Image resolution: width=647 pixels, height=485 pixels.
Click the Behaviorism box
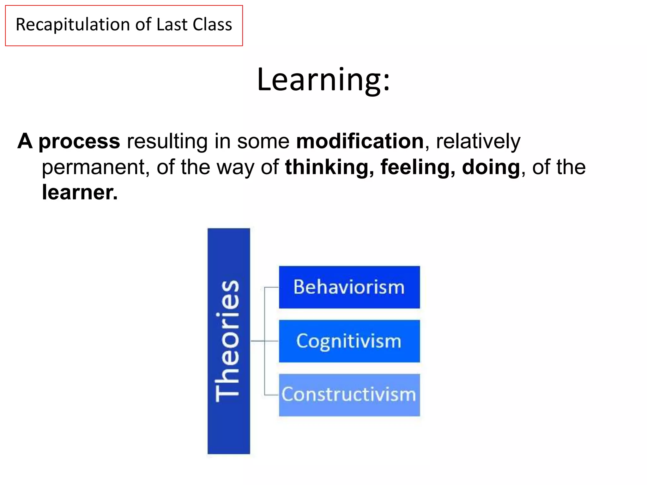[349, 287]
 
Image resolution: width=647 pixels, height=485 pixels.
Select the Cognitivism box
[349, 341]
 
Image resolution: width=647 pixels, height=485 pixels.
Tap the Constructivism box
[349, 395]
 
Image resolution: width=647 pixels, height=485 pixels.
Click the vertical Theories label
[228, 341]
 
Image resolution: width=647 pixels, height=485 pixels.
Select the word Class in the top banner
[212, 25]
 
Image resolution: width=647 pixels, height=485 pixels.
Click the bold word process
[79, 141]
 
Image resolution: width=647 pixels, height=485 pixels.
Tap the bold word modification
[360, 141]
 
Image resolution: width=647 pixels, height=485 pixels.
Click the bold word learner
[79, 192]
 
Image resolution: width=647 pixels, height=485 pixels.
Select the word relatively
[478, 141]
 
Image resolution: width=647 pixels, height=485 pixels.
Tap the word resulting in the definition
[167, 141]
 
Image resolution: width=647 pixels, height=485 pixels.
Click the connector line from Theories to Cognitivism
[257, 341]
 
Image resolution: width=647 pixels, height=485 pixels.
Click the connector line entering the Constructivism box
[271, 395]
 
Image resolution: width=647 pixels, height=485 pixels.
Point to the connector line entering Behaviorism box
[271, 287]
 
